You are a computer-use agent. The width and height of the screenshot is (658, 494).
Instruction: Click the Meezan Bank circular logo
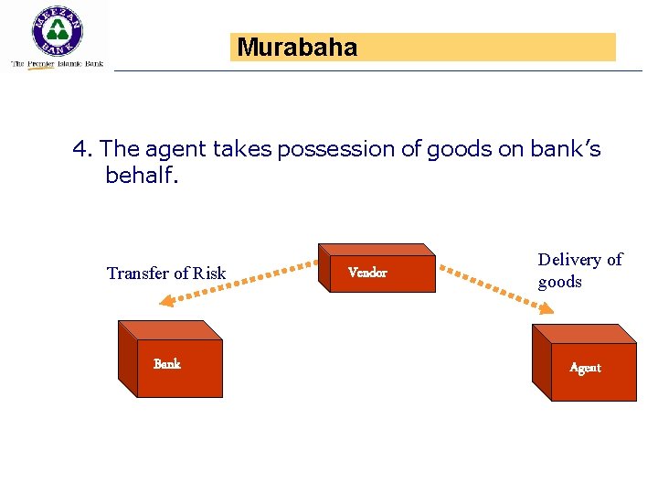tap(58, 33)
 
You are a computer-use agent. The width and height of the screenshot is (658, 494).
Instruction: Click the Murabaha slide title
tap(297, 48)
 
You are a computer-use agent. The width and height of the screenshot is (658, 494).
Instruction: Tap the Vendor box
tap(377, 272)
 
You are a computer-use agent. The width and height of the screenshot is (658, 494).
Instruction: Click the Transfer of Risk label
tap(166, 273)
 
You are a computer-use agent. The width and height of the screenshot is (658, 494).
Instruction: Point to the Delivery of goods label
tap(578, 270)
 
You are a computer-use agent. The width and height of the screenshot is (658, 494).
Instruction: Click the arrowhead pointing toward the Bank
tap(164, 303)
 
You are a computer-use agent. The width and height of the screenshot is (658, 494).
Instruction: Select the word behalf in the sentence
tap(142, 175)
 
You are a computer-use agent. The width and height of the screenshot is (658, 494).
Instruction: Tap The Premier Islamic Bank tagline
tap(57, 64)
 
